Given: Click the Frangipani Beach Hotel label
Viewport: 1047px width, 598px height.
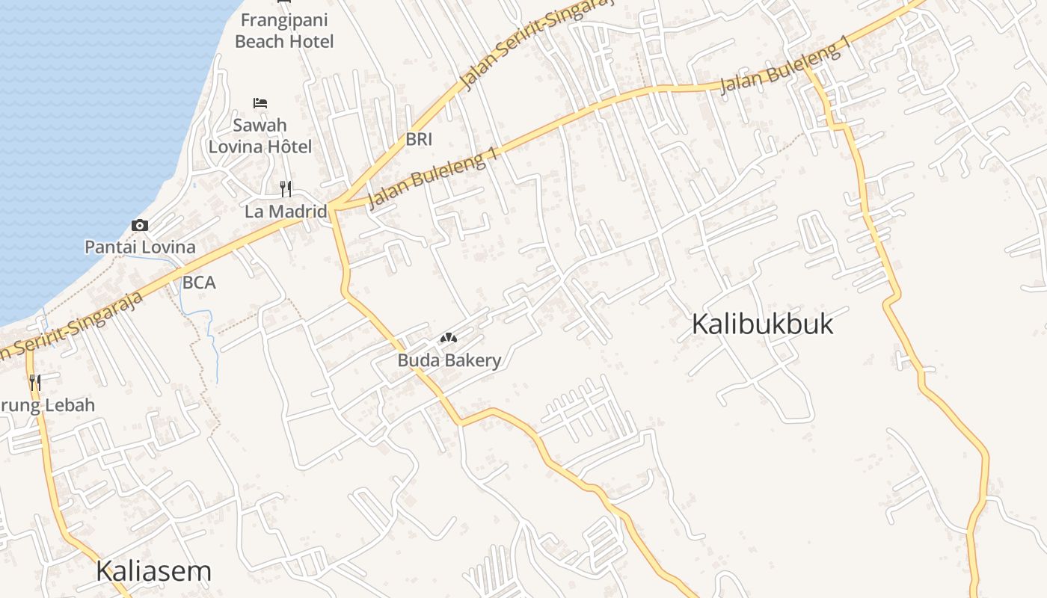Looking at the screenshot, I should tap(284, 31).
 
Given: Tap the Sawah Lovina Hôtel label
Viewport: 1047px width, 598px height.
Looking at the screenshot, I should tap(260, 135).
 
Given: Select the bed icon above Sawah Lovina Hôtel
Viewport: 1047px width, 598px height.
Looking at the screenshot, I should tap(260, 102).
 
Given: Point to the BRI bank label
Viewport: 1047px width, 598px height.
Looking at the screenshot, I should tap(419, 139).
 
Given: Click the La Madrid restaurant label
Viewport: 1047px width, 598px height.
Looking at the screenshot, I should tap(286, 212).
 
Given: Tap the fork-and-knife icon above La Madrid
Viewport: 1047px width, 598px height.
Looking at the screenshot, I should tap(285, 188).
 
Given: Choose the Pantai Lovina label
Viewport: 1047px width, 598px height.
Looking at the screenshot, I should tap(140, 247).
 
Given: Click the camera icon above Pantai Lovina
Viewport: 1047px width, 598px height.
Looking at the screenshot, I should tap(140, 225).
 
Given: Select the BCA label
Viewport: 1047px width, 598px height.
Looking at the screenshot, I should tap(199, 283).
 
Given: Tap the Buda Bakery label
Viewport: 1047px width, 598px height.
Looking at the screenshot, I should tap(449, 360).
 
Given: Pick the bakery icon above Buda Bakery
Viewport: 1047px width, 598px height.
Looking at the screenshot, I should tap(449, 339).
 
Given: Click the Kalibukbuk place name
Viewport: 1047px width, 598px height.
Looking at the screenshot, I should tap(762, 324).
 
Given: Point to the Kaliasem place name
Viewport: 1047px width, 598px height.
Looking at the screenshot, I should tap(153, 571).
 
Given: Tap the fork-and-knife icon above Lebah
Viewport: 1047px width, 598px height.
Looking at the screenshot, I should tap(35, 383).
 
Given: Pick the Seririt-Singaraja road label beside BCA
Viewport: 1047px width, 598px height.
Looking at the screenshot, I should tap(75, 325).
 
